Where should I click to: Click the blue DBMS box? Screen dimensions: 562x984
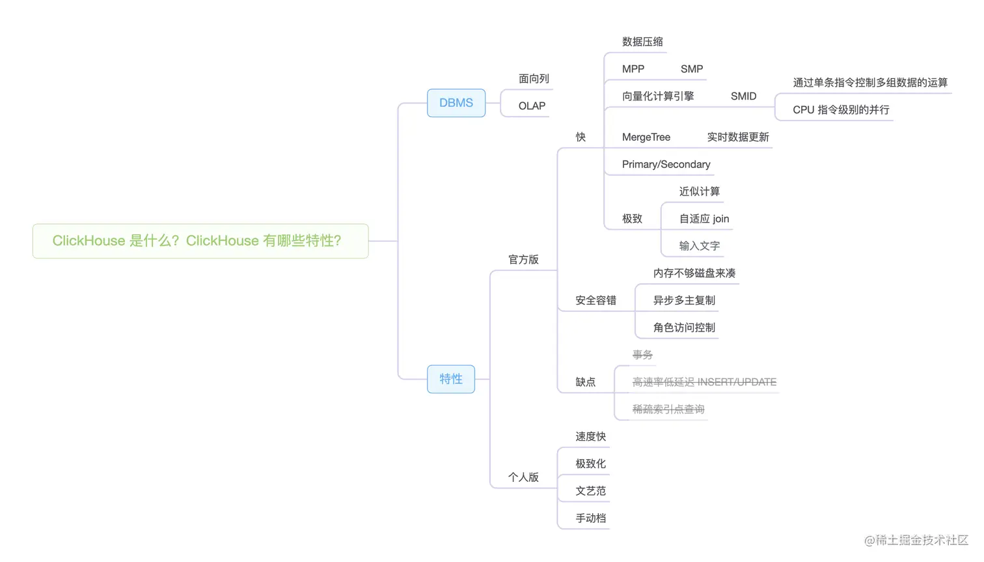[x=456, y=103]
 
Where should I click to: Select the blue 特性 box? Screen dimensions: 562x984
[x=450, y=379]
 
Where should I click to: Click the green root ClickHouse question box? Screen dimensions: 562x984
[x=200, y=241]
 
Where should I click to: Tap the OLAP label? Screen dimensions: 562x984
[x=531, y=106]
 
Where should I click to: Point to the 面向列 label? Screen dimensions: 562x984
[x=534, y=79]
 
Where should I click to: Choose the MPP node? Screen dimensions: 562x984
[x=633, y=69]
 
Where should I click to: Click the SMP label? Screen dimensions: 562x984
[x=691, y=69]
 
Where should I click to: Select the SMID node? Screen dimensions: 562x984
[x=743, y=96]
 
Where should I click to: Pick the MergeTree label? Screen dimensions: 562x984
[x=646, y=137]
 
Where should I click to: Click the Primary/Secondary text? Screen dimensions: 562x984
[x=666, y=165]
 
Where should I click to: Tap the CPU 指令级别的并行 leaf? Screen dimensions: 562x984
[x=840, y=110]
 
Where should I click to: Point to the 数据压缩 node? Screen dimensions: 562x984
[x=642, y=42]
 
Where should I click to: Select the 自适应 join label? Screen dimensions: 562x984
[x=704, y=219]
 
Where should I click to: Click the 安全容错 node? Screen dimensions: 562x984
[x=595, y=300]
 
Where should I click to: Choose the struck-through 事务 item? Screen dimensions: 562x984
[x=642, y=355]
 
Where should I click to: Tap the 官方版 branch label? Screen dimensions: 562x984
[x=523, y=260]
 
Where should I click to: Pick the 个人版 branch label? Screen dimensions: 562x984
[x=523, y=477]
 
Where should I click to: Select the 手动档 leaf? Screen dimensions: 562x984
[x=590, y=518]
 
